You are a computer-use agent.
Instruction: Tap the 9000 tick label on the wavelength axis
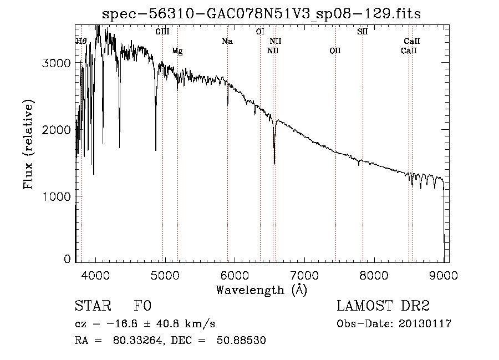coord(444,275)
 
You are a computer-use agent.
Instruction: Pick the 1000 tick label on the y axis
coord(57,196)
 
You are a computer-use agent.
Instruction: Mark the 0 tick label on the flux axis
coord(67,259)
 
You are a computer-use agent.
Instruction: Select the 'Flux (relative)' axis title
coord(28,144)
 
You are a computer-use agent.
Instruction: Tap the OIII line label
coord(162,32)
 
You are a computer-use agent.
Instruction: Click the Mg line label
coord(177,51)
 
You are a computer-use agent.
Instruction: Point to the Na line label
coord(227,41)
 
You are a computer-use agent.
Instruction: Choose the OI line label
coord(259,32)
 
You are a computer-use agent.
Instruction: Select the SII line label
coord(363,32)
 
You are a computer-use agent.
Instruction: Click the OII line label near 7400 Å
coord(335,51)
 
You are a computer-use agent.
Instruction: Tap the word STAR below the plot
coord(91,306)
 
